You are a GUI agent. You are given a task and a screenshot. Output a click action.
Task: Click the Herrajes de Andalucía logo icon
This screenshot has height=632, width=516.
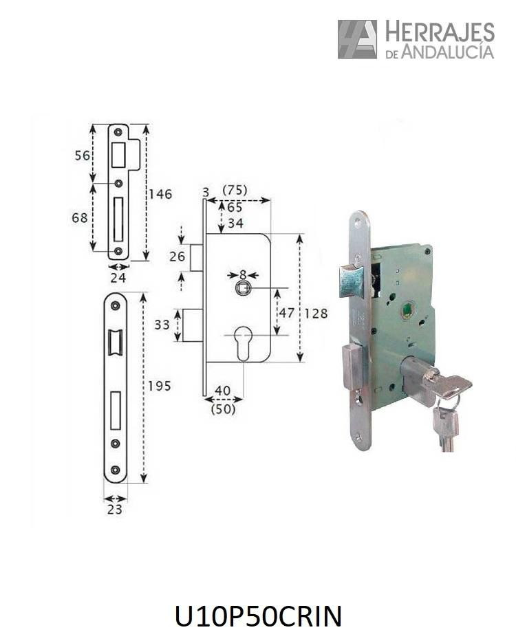coord(357,39)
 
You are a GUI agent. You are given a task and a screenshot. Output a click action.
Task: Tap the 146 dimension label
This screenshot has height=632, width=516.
coord(160,194)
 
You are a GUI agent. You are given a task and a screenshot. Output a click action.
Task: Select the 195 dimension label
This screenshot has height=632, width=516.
coord(159,386)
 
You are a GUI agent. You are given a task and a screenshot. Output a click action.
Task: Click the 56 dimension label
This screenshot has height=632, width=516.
coord(83,155)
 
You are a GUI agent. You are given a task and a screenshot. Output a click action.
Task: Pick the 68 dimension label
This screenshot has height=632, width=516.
coord(80,217)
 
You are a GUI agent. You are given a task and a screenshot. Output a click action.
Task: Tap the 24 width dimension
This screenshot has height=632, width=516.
coord(118,278)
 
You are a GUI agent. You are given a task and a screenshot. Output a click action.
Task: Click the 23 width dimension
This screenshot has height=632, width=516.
coord(114,510)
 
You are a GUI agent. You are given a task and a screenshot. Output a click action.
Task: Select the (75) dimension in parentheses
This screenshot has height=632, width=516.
coord(235,190)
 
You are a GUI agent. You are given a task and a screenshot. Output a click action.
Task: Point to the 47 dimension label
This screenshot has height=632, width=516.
coord(286,312)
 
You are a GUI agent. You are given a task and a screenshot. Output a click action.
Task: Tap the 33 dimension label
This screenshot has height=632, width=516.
coord(162,324)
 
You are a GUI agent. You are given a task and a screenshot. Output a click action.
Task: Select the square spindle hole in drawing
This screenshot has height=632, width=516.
coord(242,287)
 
